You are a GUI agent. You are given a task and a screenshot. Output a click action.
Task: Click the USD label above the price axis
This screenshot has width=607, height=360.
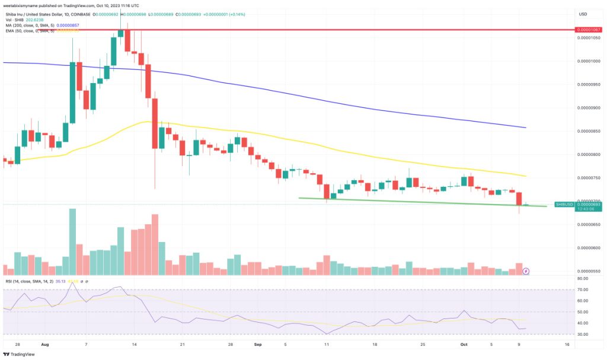tap(583, 13)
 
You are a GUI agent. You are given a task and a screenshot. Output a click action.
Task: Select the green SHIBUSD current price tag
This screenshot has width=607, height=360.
tap(570, 204)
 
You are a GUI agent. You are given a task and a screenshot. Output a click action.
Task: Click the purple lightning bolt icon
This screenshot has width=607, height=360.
tap(526, 271)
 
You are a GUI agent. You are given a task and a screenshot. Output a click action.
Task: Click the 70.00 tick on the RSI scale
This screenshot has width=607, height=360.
tap(582, 289)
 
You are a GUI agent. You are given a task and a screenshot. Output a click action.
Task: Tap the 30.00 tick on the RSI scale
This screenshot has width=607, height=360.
tap(582, 334)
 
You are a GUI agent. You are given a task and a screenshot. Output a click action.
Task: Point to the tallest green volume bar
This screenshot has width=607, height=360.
tap(73, 241)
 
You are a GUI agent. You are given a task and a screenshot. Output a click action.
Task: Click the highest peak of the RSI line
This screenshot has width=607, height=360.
tap(73, 283)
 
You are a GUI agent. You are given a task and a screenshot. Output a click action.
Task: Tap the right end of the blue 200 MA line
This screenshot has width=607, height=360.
tap(526, 128)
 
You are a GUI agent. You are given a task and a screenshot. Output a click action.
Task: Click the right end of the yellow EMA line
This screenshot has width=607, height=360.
tap(526, 176)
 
